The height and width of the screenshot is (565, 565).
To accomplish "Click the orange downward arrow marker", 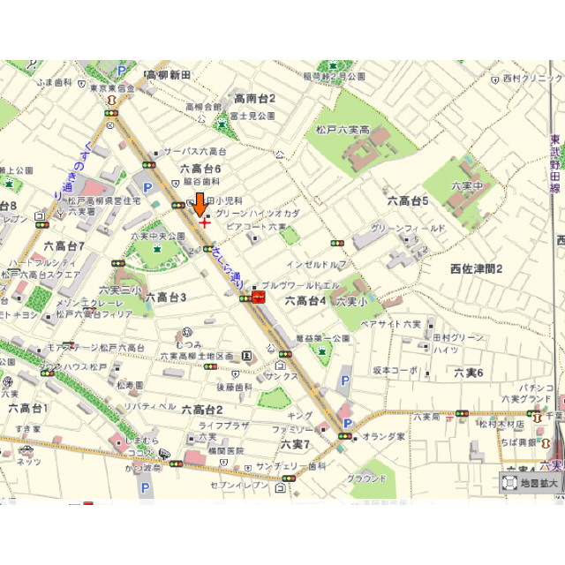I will click(x=200, y=203).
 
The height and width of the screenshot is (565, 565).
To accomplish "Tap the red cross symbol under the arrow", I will click(x=205, y=222).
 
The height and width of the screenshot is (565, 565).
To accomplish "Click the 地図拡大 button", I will click(x=531, y=483).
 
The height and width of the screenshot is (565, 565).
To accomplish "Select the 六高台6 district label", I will click(x=200, y=169).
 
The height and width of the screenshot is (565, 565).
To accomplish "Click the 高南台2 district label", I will click(x=255, y=99).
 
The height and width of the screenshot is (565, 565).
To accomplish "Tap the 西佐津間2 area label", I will click(x=476, y=268).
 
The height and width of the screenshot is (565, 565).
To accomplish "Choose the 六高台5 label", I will click(x=408, y=201).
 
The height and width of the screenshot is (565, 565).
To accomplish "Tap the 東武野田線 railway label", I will click(x=554, y=164).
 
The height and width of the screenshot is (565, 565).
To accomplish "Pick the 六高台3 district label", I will click(x=166, y=298).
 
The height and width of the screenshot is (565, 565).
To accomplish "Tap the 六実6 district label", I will click(x=469, y=373).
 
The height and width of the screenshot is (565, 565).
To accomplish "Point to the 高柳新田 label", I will click(x=169, y=76).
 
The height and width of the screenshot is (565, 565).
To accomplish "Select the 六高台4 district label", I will click(x=305, y=301).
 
